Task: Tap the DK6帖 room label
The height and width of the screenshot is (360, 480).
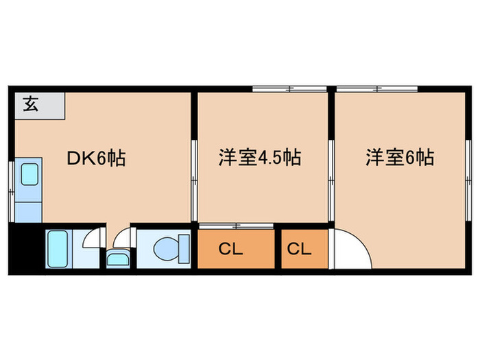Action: [95, 159]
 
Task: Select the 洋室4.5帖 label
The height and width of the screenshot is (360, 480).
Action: [260, 158]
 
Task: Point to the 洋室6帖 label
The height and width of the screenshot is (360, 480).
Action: [399, 158]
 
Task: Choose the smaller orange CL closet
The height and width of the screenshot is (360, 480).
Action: [299, 250]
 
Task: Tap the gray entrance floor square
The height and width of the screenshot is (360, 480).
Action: [39, 106]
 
